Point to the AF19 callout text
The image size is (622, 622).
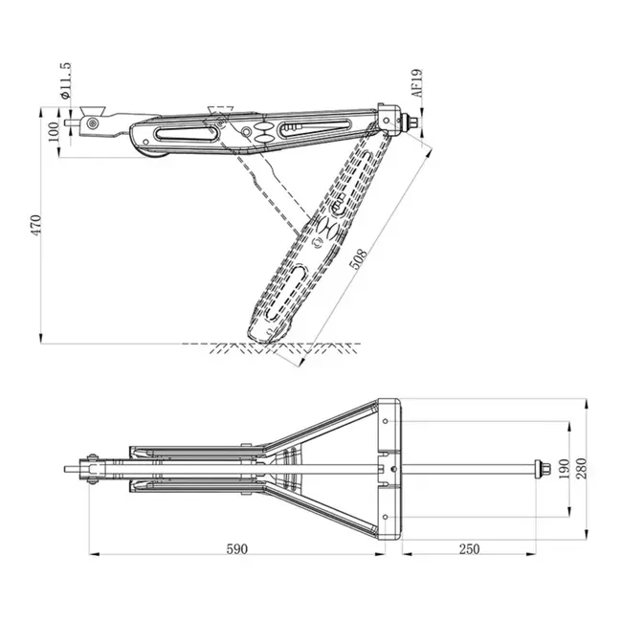point(417,84)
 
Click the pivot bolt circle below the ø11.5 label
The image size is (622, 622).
point(92,122)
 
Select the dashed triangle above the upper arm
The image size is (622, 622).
point(220,111)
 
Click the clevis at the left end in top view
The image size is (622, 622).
point(92,470)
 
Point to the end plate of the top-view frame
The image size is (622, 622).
point(389,469)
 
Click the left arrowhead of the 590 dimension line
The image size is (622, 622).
point(93,553)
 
